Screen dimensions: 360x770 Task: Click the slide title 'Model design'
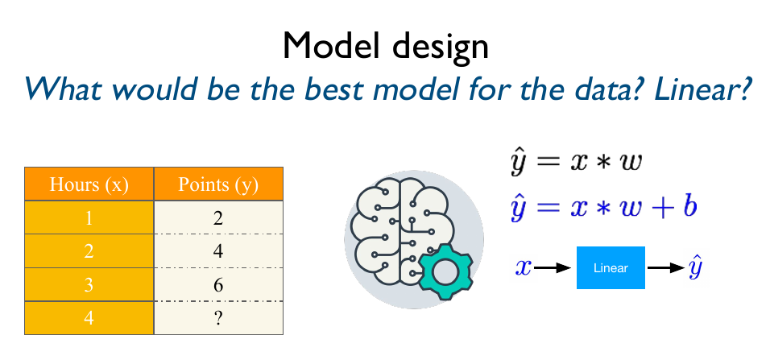point(385,47)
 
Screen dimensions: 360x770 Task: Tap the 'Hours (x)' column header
point(89,184)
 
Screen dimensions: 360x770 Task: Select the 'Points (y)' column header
point(218,184)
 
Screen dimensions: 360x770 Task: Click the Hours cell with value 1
point(89,217)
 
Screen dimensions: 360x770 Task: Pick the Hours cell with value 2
point(89,250)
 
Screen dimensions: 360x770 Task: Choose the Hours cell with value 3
point(89,284)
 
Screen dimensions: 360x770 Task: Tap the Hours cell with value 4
point(89,317)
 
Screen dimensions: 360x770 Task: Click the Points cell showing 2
point(218,217)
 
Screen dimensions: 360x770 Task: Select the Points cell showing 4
point(218,250)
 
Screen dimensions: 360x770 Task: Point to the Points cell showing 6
point(218,284)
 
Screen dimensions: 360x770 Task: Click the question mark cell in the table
point(218,317)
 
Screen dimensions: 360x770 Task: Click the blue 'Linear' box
point(611,267)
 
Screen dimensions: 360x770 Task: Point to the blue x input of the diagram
point(524,267)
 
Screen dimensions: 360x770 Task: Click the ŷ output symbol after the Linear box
point(694,267)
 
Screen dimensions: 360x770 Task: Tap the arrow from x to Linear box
point(553,267)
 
